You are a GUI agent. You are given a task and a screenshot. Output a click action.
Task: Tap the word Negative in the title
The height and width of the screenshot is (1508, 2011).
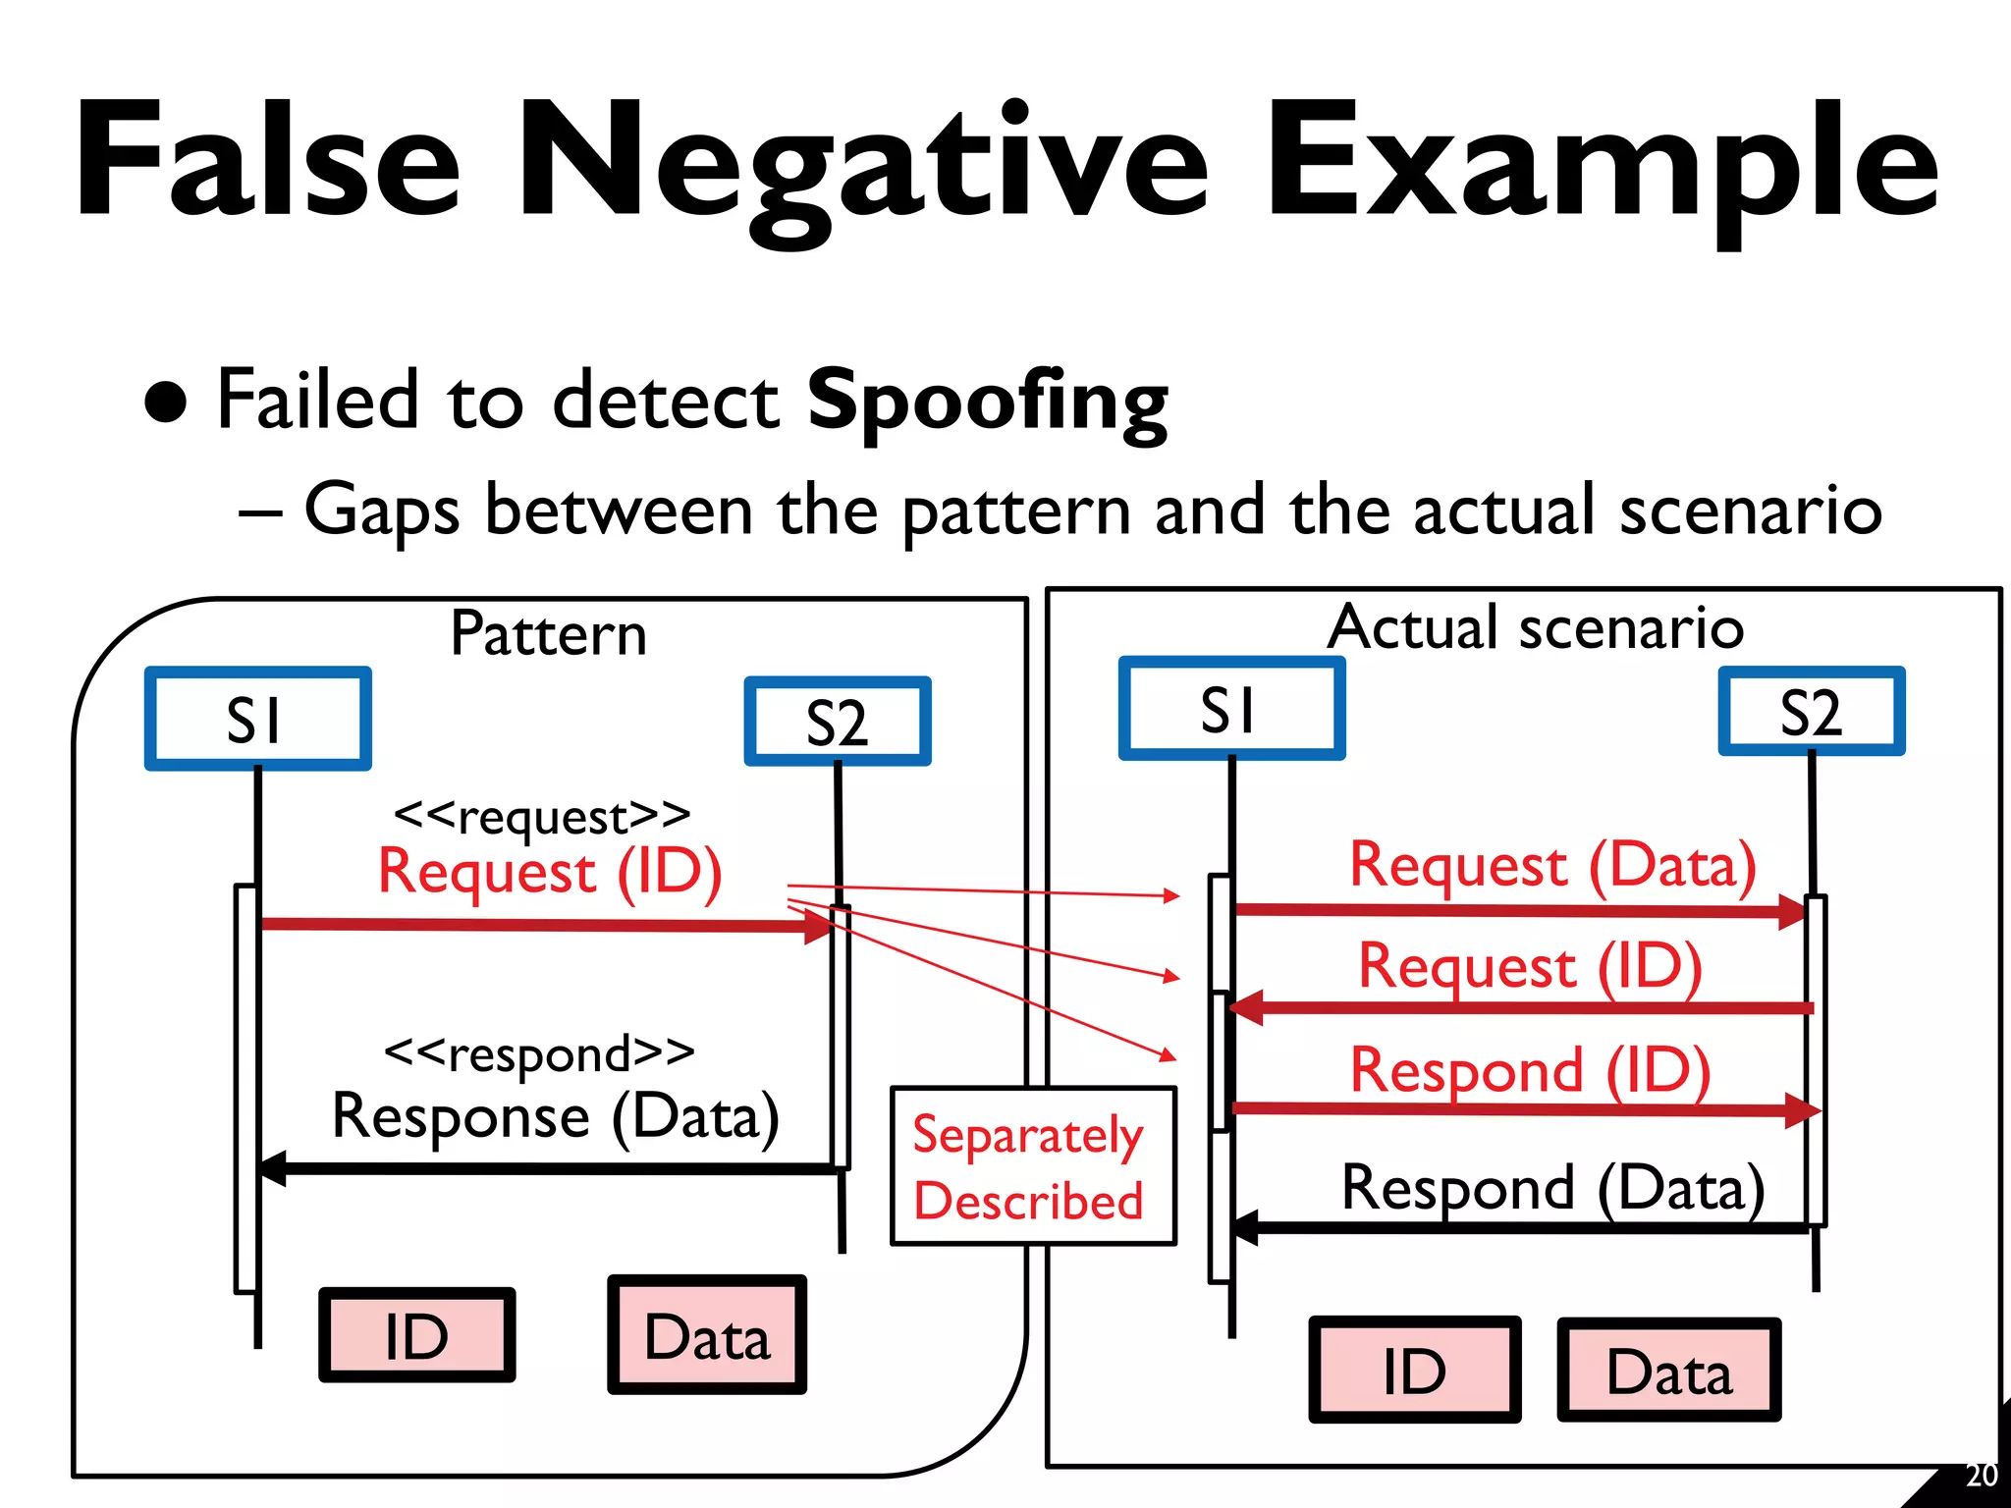click(x=864, y=162)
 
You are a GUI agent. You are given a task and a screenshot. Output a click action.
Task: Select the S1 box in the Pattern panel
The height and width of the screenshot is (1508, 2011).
click(x=257, y=719)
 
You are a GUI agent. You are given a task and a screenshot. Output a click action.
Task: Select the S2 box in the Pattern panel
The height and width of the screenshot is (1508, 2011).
click(x=838, y=722)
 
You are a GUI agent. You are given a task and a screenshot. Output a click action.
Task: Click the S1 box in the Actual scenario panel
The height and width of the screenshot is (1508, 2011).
click(x=1231, y=709)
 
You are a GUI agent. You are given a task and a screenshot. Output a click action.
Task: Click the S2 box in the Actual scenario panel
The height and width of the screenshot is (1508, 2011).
click(x=1811, y=712)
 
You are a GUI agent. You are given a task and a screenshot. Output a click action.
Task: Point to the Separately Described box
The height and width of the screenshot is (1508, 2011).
click(x=1032, y=1166)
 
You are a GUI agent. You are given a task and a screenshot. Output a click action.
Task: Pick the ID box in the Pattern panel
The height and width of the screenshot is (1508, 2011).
click(x=416, y=1335)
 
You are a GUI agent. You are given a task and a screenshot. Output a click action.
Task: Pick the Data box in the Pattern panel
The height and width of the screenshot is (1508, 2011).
click(x=707, y=1335)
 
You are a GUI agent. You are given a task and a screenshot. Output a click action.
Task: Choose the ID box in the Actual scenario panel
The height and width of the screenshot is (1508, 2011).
click(x=1414, y=1371)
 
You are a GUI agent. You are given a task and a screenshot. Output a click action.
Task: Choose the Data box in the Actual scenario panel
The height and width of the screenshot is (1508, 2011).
click(x=1668, y=1371)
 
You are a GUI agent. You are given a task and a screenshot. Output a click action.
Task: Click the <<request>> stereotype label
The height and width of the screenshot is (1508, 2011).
click(x=541, y=815)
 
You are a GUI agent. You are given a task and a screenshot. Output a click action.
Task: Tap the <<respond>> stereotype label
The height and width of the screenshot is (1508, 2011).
click(x=538, y=1052)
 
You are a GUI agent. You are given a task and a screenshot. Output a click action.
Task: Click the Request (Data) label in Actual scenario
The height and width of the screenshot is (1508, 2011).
click(x=1552, y=866)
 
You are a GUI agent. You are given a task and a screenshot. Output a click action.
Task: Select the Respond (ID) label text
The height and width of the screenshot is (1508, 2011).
click(x=1530, y=1070)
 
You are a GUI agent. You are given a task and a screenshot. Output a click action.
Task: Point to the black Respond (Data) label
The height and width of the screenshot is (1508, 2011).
click(x=1552, y=1188)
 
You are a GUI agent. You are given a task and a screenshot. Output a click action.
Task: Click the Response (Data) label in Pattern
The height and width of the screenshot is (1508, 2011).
click(x=556, y=1117)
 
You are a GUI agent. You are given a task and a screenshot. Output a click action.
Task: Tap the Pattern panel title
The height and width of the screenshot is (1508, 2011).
click(x=548, y=633)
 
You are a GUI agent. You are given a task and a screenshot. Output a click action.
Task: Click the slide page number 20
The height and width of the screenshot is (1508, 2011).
click(x=1981, y=1476)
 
